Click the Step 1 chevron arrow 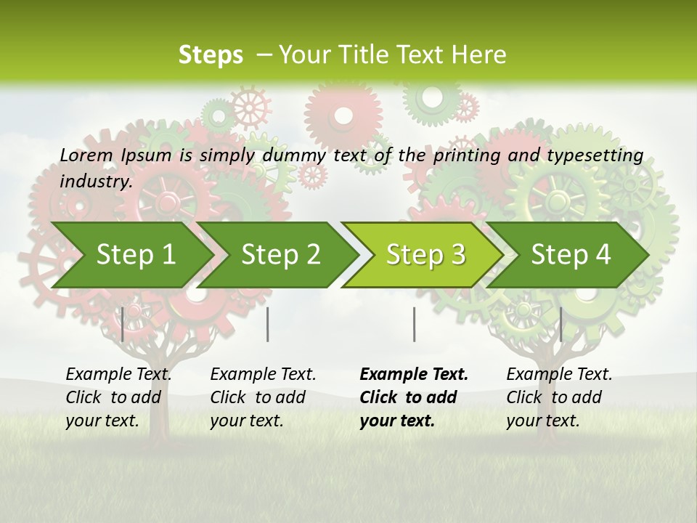point(136,255)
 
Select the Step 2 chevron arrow point(280,255)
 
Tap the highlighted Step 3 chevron point(425,255)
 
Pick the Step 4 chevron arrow point(571,255)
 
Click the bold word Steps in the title point(211,55)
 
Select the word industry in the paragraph point(94,181)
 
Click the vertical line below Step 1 point(123,324)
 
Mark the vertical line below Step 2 point(268,324)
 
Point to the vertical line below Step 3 point(414,324)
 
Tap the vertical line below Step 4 point(561,324)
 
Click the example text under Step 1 point(118,397)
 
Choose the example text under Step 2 point(263,397)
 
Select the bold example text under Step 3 point(414,397)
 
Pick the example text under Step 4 point(559,397)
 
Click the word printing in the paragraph point(465,155)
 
